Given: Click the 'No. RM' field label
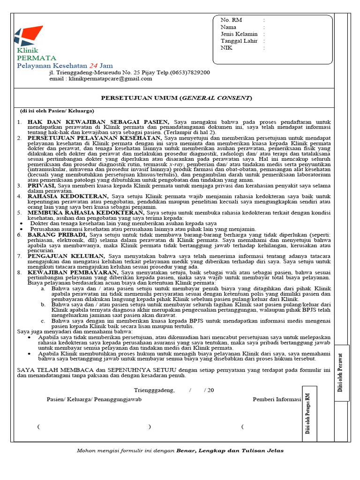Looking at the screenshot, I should tap(231, 20).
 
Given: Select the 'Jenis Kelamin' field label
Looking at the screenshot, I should tap(239, 34).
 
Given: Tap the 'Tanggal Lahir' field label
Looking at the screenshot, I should tap(240, 41).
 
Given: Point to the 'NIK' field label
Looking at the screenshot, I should tap(226, 48).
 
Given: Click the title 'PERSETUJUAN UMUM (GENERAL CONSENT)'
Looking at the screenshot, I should tap(177, 98).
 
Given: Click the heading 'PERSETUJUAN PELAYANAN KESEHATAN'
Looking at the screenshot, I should tap(95, 138).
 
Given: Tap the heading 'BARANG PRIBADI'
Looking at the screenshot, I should tap(57, 234).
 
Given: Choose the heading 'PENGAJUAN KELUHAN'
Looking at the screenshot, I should tap(66, 256).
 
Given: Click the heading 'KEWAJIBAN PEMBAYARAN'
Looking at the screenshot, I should tap(73, 272).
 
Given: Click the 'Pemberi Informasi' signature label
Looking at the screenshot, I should tap(277, 399).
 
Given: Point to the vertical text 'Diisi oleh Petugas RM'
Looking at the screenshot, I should tap(308, 414).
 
